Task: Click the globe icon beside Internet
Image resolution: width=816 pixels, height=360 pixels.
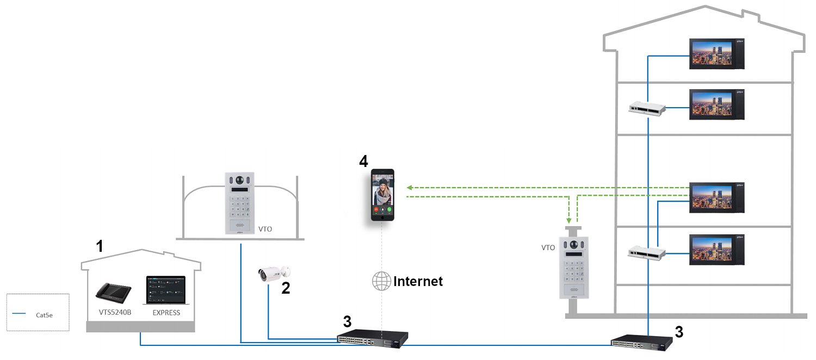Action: [x=381, y=281]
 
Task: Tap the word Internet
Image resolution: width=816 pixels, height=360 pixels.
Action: [x=418, y=281]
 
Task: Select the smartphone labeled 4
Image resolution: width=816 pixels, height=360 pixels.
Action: [x=383, y=195]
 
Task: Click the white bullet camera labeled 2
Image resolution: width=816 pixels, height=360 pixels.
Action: [x=274, y=274]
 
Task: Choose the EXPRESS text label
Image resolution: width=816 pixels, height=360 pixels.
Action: [x=165, y=313]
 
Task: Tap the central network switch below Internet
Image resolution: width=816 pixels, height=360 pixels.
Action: [x=372, y=340]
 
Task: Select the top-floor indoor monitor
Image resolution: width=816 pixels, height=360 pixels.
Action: [x=716, y=54]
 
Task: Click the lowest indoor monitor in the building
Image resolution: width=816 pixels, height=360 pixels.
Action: [x=716, y=250]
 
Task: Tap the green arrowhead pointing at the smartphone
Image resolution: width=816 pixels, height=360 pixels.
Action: [x=410, y=188]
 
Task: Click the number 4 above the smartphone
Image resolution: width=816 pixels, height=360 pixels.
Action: [x=363, y=162]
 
